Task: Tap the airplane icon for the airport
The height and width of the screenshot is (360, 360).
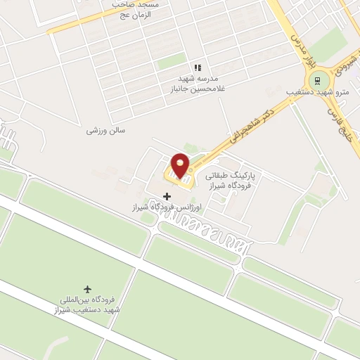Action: coord(88,290)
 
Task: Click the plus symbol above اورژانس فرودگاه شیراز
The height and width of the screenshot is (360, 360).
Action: coord(167,196)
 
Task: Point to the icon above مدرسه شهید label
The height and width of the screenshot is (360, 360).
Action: coord(198,67)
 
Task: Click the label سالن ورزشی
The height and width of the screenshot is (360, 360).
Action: coord(105,130)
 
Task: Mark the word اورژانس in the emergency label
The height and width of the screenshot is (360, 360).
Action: coord(187,208)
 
